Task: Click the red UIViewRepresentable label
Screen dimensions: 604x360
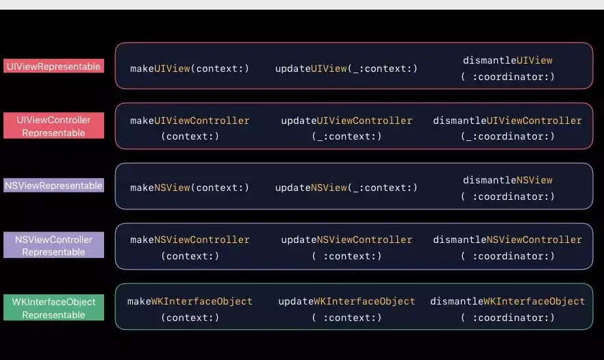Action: click(53, 66)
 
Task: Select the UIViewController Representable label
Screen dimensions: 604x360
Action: click(53, 126)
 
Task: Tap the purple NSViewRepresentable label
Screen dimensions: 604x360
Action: click(53, 185)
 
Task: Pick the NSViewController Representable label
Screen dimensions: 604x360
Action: click(53, 246)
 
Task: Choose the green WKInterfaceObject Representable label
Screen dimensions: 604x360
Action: click(53, 308)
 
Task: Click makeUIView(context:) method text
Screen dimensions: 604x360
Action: click(190, 68)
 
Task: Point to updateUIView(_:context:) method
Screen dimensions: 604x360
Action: click(346, 68)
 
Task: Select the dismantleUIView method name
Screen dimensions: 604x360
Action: click(507, 60)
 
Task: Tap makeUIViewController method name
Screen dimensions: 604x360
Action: click(190, 120)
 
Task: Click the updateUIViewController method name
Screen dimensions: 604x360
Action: click(347, 120)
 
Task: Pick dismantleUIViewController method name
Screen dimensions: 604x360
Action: click(507, 120)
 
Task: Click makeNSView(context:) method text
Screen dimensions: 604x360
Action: click(190, 188)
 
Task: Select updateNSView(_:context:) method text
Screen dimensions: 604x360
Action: click(346, 188)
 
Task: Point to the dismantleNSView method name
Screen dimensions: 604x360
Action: click(507, 180)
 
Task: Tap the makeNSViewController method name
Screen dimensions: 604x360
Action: click(190, 240)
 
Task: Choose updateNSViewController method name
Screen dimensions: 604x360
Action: click(347, 240)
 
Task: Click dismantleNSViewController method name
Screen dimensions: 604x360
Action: click(507, 240)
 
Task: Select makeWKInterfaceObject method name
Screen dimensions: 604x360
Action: click(190, 301)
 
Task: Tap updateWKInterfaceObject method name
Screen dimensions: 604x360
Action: click(347, 301)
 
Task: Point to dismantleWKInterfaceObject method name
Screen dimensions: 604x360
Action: click(507, 301)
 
